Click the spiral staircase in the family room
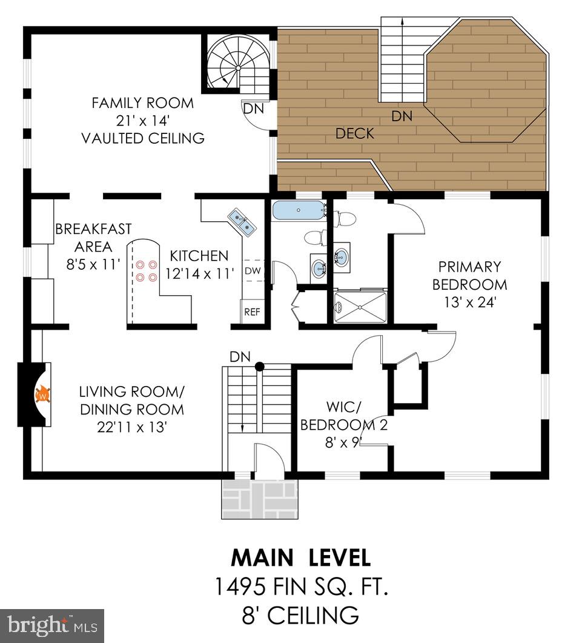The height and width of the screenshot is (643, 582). [x=234, y=62]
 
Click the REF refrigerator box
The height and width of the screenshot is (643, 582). [x=252, y=312]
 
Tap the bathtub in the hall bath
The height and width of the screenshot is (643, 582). [x=297, y=210]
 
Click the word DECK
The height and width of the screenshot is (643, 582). [x=354, y=133]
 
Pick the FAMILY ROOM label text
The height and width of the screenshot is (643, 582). [x=143, y=103]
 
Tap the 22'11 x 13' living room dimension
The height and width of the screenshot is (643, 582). [x=131, y=427]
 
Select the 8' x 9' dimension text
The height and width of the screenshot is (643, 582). [x=340, y=442]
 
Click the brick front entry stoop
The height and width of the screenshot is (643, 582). [x=260, y=499]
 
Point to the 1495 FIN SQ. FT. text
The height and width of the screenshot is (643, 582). [x=301, y=587]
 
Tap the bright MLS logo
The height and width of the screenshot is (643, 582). [x=52, y=624]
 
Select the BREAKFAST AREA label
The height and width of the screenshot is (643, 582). [x=93, y=238]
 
